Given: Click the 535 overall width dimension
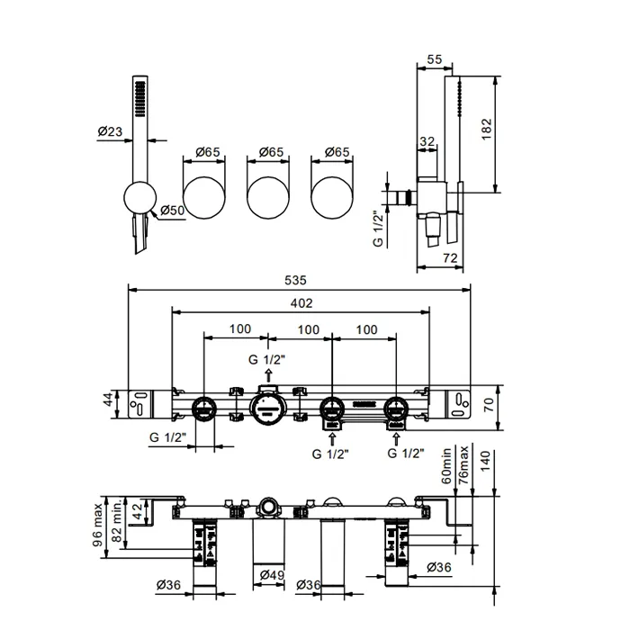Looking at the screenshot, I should point(301,279).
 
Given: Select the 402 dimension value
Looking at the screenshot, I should point(301,303).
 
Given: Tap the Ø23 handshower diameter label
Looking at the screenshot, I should point(110,131).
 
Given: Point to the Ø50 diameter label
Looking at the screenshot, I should point(174,211).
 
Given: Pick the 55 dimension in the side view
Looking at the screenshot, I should point(434,58).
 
